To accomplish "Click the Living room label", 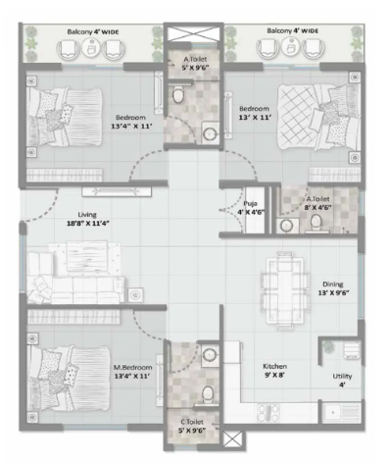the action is (x=87, y=215).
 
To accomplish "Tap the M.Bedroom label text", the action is (x=132, y=368).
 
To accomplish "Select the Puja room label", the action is (x=250, y=203).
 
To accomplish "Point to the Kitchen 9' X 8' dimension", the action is (x=274, y=375).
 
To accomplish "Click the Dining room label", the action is (x=333, y=284).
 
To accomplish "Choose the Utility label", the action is (x=342, y=376).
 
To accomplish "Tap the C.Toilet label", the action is (x=192, y=422).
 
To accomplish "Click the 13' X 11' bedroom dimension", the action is (x=255, y=117).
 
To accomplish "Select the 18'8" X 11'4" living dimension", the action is (x=88, y=224).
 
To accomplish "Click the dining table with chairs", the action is (x=285, y=289).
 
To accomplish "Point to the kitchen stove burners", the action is (x=268, y=413).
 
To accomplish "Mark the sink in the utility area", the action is (x=342, y=413).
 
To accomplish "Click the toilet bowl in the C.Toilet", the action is (x=208, y=393).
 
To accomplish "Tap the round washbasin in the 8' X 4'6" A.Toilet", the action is (x=287, y=226).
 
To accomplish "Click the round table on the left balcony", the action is (x=92, y=48).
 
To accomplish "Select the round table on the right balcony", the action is (x=290, y=47).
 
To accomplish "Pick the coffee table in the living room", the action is (x=87, y=256).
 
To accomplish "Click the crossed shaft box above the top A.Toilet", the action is (x=193, y=34).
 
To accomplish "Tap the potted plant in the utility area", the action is (x=328, y=347).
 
